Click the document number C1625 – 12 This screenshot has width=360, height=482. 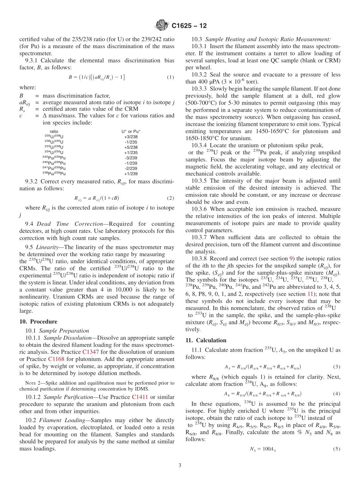click(x=189, y=26)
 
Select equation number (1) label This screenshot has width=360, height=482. click(x=171, y=77)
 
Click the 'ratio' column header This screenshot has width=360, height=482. click(x=54, y=131)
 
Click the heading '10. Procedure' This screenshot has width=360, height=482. click(x=38, y=322)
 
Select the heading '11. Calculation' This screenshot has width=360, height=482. click(x=206, y=340)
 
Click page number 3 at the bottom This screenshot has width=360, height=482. click(x=180, y=466)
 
